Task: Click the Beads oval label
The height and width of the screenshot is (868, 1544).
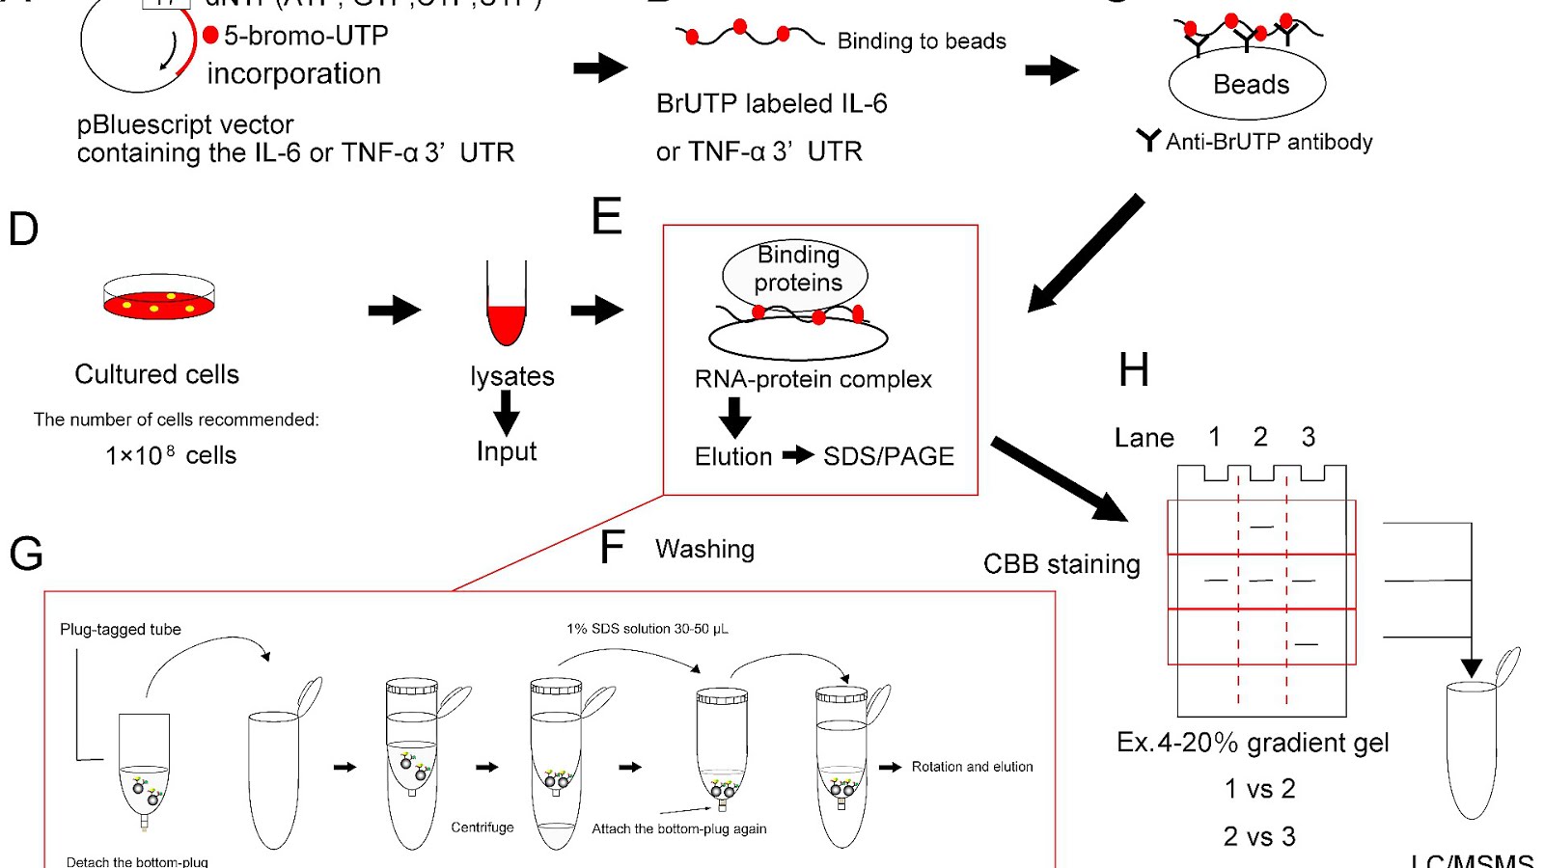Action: pyautogui.click(x=1250, y=85)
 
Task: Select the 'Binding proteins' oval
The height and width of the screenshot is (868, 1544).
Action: pyautogui.click(x=796, y=270)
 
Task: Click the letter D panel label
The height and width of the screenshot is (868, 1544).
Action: pyautogui.click(x=23, y=230)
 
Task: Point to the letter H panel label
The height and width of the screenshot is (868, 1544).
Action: pyautogui.click(x=1134, y=370)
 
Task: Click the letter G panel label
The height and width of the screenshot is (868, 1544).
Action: pyautogui.click(x=26, y=555)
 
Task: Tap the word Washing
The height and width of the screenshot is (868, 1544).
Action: pyautogui.click(x=704, y=549)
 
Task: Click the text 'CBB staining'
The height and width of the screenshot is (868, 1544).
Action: pyautogui.click(x=1061, y=564)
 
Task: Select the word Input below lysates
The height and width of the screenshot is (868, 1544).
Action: pyautogui.click(x=507, y=451)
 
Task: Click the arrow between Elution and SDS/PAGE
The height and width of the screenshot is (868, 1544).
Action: pyautogui.click(x=798, y=455)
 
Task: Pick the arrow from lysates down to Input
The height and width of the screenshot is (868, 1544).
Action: pyautogui.click(x=507, y=413)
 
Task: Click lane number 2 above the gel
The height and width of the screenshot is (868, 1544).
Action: pyautogui.click(x=1260, y=437)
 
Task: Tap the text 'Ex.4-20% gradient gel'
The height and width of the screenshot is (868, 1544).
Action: pyautogui.click(x=1253, y=743)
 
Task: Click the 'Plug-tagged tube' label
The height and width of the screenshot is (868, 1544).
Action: pyautogui.click(x=121, y=630)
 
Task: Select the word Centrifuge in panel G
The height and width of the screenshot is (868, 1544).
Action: pyautogui.click(x=482, y=827)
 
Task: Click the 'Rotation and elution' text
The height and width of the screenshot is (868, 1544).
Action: pyautogui.click(x=972, y=767)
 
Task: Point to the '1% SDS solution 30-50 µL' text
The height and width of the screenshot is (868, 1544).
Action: pyautogui.click(x=648, y=629)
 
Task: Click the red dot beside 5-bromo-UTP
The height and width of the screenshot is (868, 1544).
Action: pyautogui.click(x=210, y=36)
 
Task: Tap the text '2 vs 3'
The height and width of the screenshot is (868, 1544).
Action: pyautogui.click(x=1259, y=836)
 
